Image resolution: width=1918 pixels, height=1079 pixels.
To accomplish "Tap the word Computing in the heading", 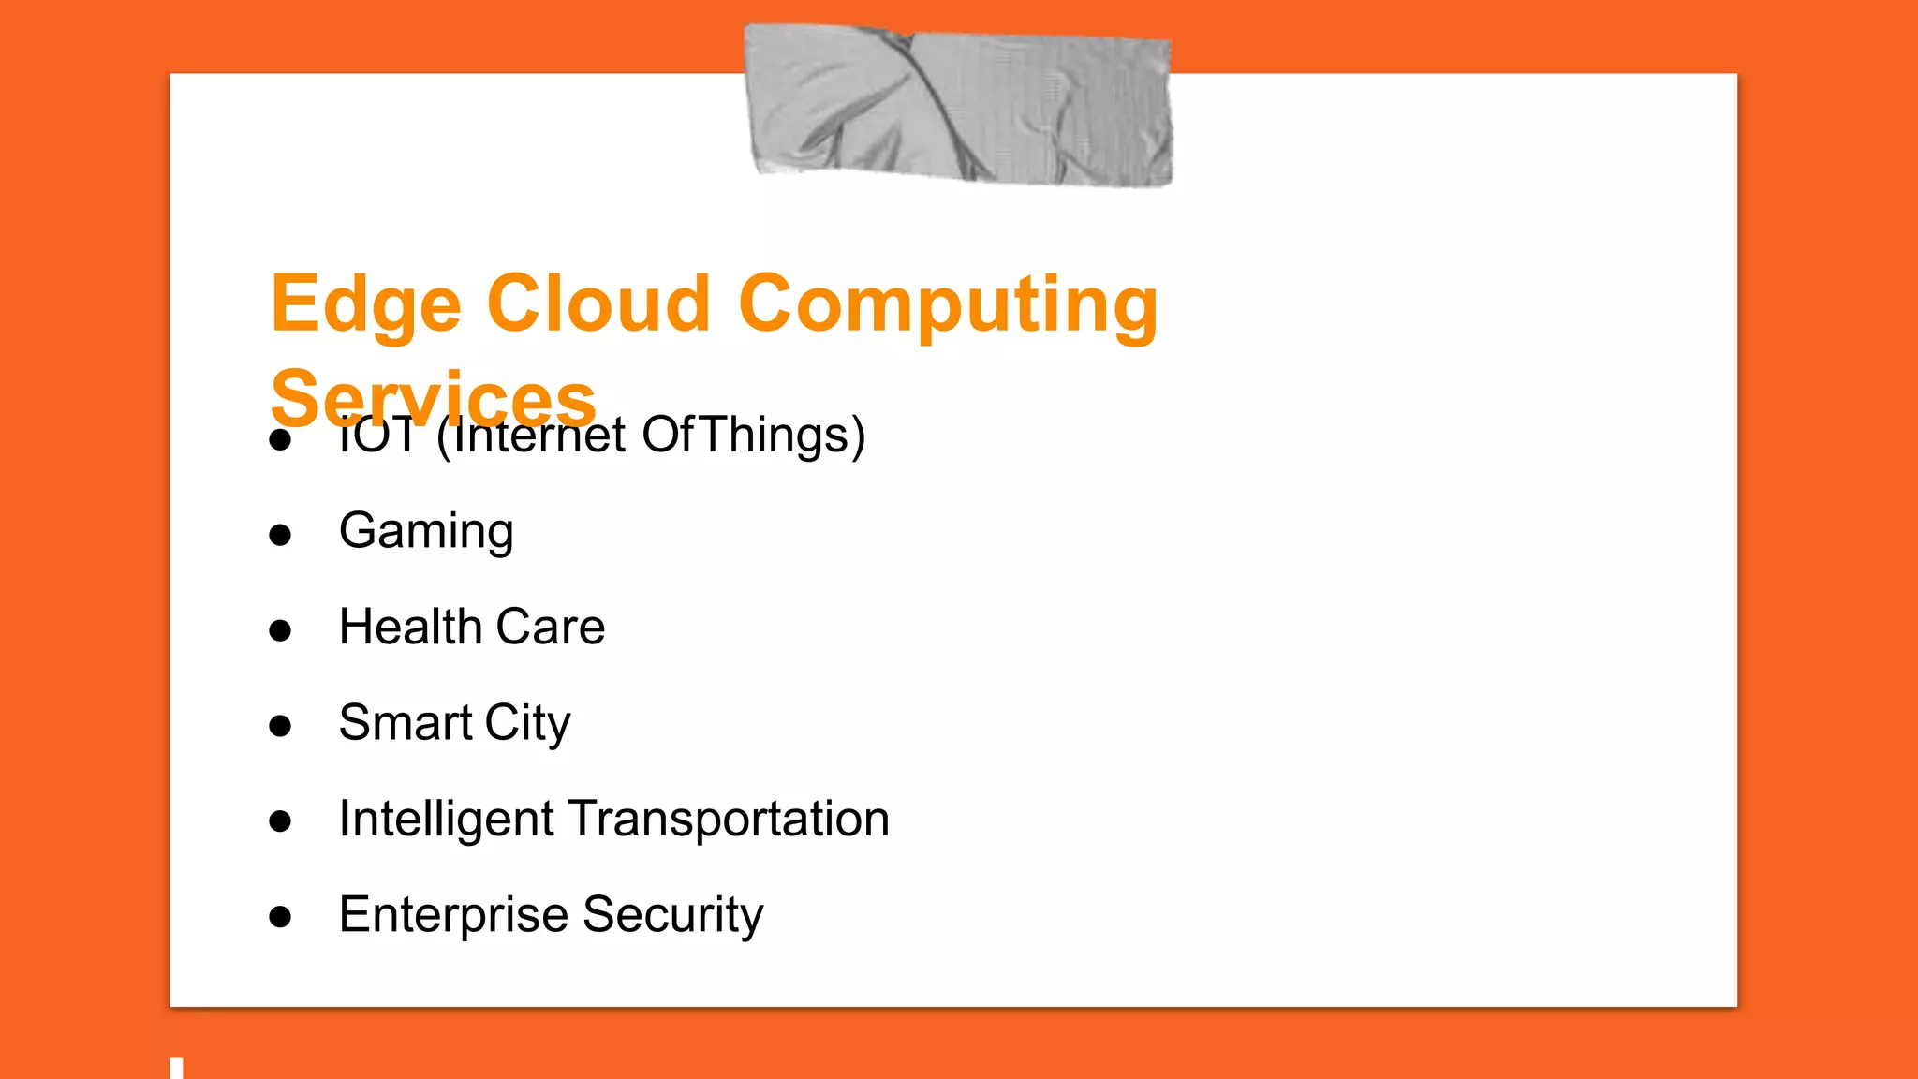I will tap(948, 304).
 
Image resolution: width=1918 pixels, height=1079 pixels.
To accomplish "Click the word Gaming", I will tap(426, 531).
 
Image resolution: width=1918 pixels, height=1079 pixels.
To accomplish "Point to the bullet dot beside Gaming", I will tap(280, 535).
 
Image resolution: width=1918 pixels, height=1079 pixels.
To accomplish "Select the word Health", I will tap(409, 627).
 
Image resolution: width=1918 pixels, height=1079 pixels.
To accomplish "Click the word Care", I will tap(551, 627).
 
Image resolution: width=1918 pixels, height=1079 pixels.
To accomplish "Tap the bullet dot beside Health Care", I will tap(280, 630).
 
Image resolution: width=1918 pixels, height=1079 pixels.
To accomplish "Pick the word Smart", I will tap(406, 723).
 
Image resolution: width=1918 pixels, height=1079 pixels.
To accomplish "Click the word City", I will tap(527, 724).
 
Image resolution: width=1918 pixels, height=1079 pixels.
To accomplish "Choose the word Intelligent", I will tap(446, 820).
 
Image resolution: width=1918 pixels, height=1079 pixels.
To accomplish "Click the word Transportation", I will tap(729, 819).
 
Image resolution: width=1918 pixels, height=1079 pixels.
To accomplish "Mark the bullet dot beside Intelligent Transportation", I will tap(280, 822).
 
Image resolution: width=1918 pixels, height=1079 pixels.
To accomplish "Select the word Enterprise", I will tap(452, 915).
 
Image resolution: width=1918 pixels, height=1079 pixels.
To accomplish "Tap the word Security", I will tap(672, 915).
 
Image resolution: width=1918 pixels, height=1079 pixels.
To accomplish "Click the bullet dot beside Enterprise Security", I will tap(280, 918).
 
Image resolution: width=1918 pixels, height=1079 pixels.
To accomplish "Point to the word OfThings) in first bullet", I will tap(754, 436).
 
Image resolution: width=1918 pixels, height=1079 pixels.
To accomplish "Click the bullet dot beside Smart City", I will tap(280, 726).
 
